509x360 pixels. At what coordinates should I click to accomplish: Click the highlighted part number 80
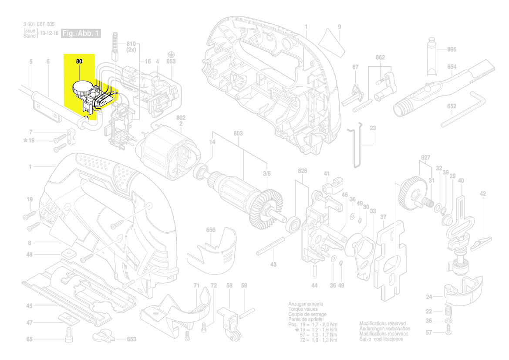79,62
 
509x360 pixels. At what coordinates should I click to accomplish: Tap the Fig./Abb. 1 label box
81,34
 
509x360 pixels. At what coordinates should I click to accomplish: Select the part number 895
452,50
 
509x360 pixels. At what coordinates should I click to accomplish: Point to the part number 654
452,67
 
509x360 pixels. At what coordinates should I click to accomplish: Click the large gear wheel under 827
411,191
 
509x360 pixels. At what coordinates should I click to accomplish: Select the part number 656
211,230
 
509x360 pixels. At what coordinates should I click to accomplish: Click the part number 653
131,339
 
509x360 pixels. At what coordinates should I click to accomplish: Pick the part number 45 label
29,306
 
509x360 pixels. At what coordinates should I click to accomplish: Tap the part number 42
482,194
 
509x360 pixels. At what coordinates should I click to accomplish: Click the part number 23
373,128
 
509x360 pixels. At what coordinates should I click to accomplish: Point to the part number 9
339,27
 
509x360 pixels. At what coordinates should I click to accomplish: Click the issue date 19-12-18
49,34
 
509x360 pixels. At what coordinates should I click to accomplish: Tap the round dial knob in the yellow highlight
81,89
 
